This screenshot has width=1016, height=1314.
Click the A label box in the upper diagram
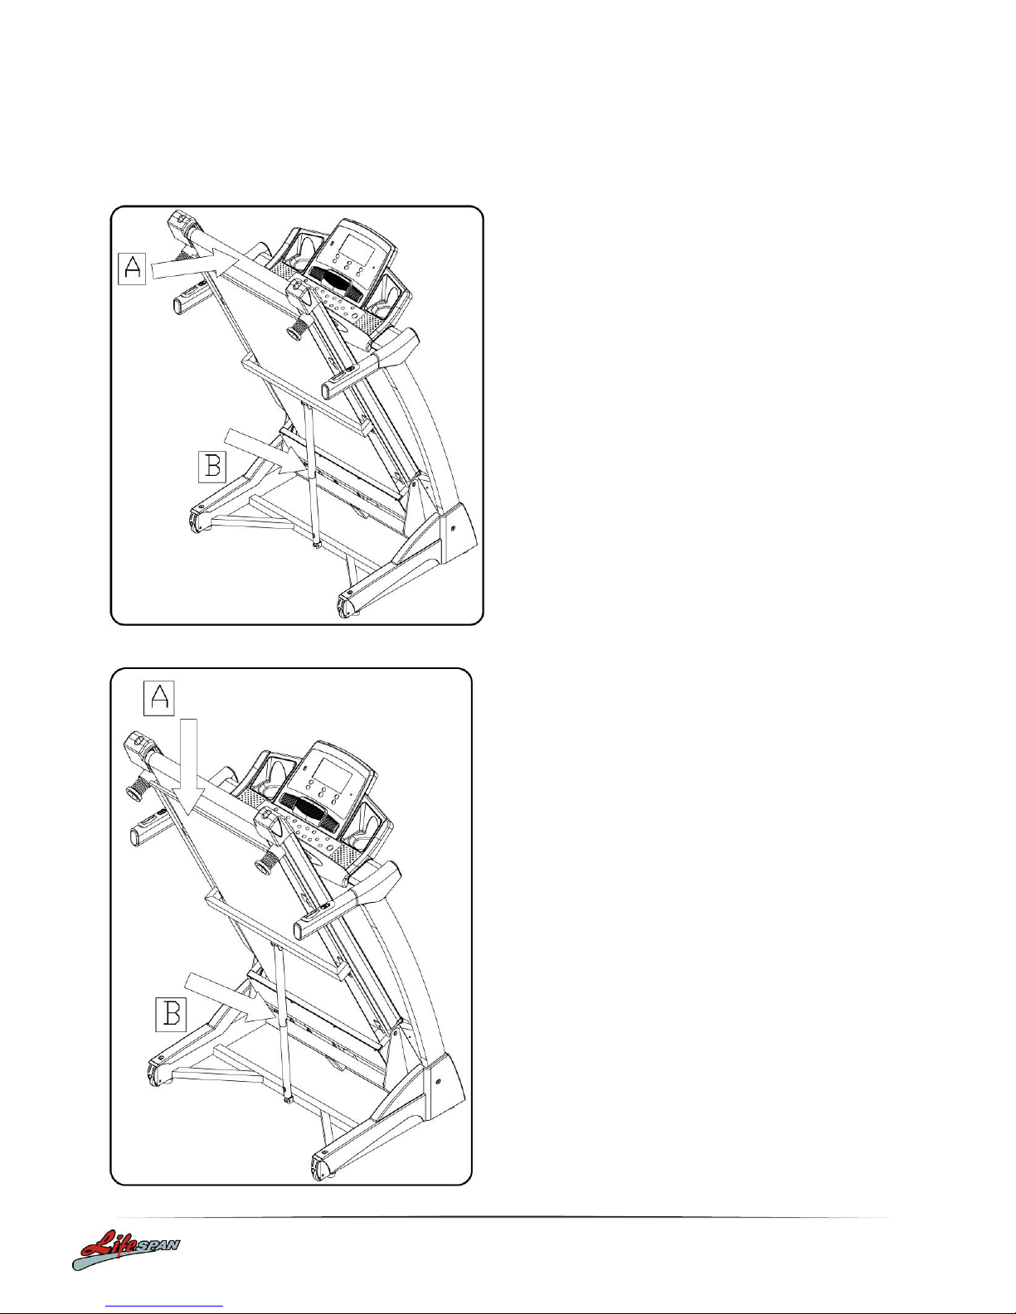132,269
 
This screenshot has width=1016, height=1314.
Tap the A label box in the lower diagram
159,698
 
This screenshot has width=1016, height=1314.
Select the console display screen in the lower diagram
332,770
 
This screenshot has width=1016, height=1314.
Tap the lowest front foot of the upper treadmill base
348,604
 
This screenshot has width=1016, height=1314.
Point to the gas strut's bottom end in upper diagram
316,544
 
